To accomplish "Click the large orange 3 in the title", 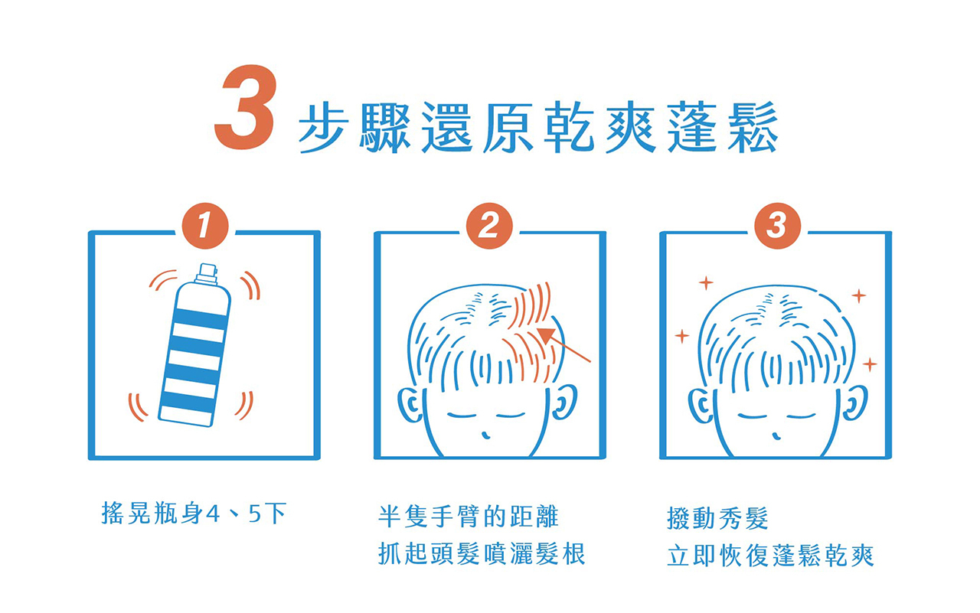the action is point(246,106).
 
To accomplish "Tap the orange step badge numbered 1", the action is point(205,226).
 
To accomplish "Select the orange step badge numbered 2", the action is point(489,226).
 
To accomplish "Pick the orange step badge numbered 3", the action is point(777,226).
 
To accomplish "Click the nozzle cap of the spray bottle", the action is point(207,273).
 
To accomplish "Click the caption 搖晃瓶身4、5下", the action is point(194,514).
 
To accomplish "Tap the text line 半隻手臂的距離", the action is point(468,517).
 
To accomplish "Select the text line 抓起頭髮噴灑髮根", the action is point(482,553).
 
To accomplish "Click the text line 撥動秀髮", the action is point(717,519).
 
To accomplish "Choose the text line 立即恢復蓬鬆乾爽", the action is point(770,556).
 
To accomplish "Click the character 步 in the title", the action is point(324,128).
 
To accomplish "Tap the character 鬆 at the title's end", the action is point(753,127).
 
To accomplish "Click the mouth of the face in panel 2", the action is point(485,435).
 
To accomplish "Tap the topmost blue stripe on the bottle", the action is point(201,318).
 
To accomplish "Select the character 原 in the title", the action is point(508,128).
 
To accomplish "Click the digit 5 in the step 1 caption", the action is point(255,514).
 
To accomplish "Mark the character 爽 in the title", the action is point(631,128).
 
